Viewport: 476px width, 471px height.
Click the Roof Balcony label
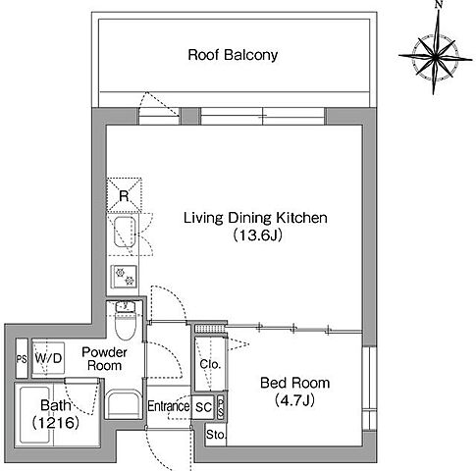coord(233,55)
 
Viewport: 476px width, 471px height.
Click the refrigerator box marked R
coord(124,195)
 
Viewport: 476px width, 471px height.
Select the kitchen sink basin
coord(125,233)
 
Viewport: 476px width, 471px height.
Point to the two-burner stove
coord(124,277)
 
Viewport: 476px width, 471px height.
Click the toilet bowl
coord(127,327)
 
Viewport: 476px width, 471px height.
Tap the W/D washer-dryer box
coord(48,358)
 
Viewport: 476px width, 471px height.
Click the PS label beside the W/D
coord(22,359)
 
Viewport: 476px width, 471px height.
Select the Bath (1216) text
coord(56,414)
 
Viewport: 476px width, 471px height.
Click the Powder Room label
coord(104,359)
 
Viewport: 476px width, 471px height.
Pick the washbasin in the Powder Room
coord(124,404)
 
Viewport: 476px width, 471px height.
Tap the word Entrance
coord(169,406)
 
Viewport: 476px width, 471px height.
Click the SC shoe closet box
coord(203,407)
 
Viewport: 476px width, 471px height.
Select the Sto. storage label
coord(216,435)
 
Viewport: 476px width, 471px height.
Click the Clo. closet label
coord(210,364)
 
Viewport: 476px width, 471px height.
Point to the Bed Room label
coord(294,383)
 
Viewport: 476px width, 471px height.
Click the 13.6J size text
coord(258,235)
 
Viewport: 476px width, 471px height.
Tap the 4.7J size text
coord(294,399)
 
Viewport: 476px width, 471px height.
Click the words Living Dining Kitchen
coord(255,218)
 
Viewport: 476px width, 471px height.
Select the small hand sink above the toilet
coord(126,307)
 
